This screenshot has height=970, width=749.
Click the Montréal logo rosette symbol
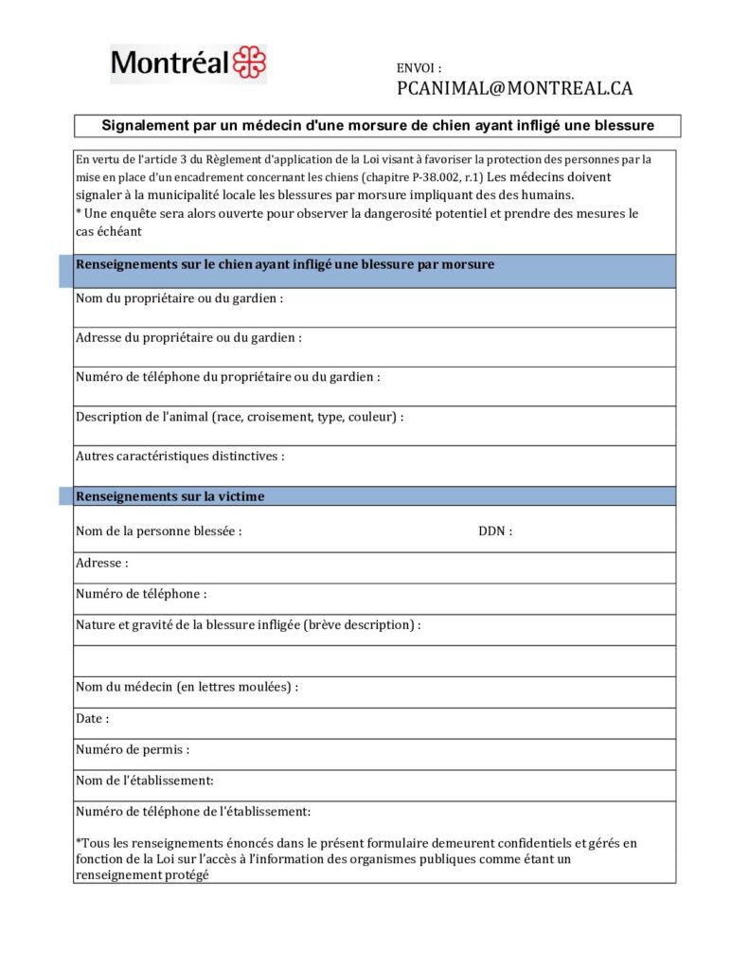tap(250, 63)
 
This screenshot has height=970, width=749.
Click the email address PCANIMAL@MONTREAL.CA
tap(514, 88)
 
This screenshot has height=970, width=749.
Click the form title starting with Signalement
tap(377, 125)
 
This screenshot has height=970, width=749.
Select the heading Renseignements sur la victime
tap(170, 496)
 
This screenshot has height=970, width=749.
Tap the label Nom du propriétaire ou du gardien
tap(179, 298)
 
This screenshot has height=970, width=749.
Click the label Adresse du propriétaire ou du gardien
tap(188, 337)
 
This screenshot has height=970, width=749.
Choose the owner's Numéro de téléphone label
tap(227, 377)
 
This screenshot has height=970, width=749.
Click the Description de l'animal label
tap(240, 417)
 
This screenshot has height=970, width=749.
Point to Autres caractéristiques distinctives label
tap(180, 456)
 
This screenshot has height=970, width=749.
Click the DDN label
tap(494, 531)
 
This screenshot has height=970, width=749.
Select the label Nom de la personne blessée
tap(158, 531)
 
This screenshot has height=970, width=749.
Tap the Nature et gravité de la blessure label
tap(248, 625)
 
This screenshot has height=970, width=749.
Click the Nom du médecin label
tap(187, 687)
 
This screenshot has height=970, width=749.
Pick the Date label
tap(92, 719)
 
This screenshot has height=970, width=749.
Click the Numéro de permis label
tap(133, 749)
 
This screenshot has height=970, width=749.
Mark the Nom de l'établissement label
tap(144, 781)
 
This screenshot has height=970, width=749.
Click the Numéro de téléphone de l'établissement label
tap(192, 812)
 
